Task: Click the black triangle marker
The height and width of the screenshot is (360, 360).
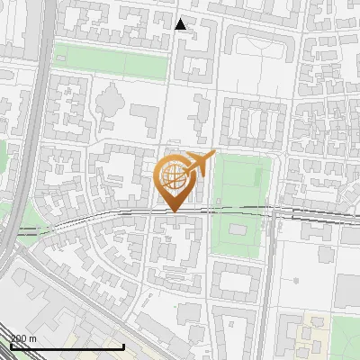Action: tap(181, 24)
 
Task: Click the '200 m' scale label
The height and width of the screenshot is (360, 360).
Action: tap(22, 338)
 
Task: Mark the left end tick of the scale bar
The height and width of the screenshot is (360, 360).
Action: tap(10, 346)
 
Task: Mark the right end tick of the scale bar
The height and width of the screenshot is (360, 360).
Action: tap(123, 346)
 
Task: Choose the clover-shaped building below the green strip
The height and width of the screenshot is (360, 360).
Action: tap(107, 101)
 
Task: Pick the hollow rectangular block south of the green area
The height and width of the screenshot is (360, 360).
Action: tap(237, 281)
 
